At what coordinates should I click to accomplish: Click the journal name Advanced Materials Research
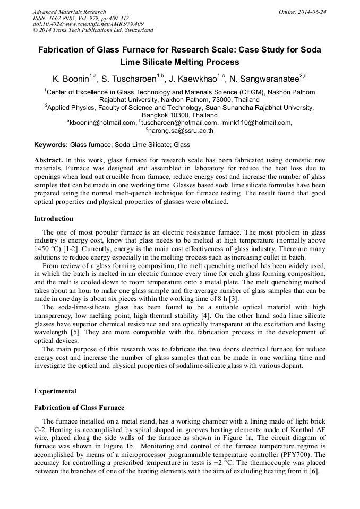tap(70, 12)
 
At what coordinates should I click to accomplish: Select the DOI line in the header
tap(88, 24)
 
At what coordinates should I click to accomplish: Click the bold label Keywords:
tap(51, 145)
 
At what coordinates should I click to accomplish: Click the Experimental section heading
tap(55, 391)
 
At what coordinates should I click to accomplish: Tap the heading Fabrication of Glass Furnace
tap(79, 408)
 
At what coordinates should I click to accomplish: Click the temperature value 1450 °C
tap(49, 249)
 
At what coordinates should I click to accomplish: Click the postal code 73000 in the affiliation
tap(219, 99)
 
